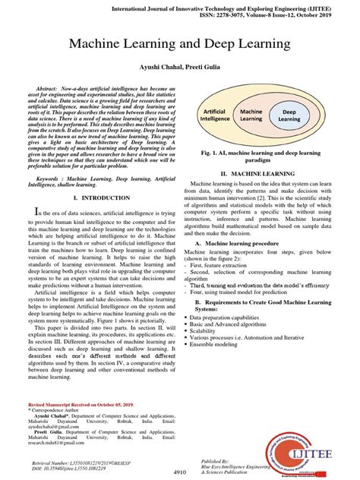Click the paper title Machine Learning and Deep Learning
point(180,44)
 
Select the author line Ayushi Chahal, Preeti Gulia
point(180,68)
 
